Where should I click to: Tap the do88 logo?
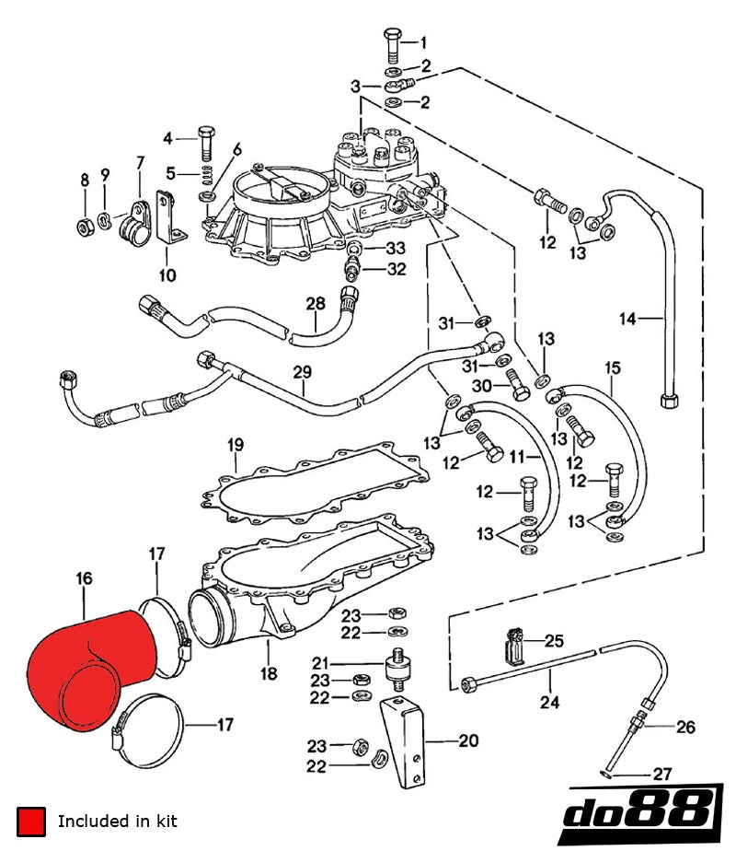click(641, 811)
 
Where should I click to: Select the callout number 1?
click(423, 42)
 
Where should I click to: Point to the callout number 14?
click(628, 320)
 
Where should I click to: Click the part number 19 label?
click(235, 445)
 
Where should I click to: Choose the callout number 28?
click(316, 303)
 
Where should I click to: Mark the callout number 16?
click(85, 578)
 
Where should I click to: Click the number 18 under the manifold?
click(268, 673)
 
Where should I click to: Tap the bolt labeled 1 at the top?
click(389, 44)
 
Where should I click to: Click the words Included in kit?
click(118, 821)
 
